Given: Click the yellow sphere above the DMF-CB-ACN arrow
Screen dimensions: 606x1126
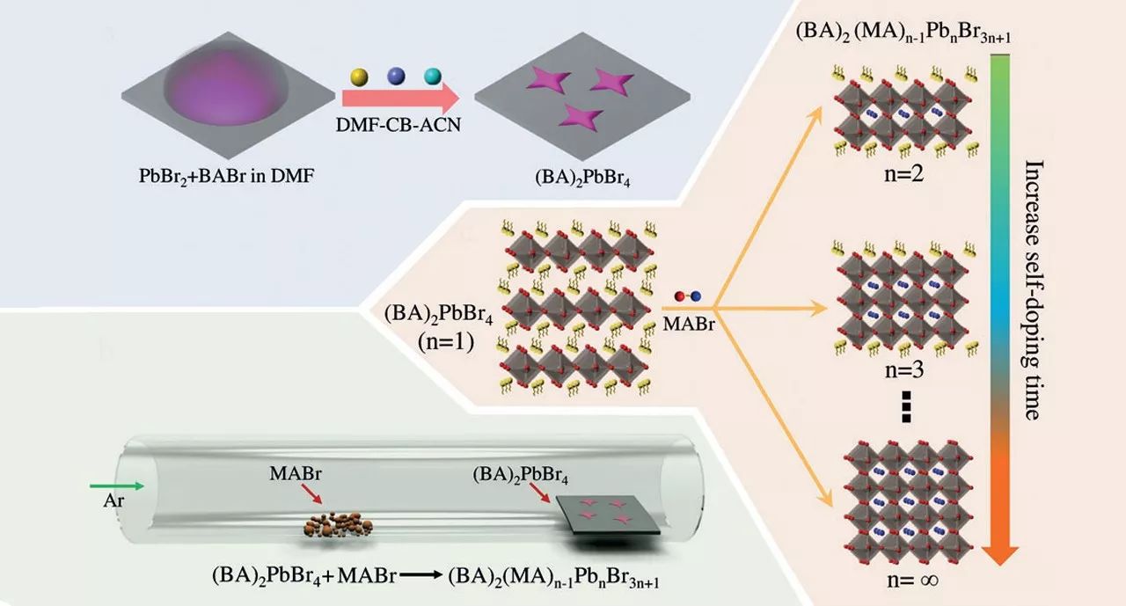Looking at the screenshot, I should [359, 77].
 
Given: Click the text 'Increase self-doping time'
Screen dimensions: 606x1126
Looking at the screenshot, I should [1031, 290].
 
